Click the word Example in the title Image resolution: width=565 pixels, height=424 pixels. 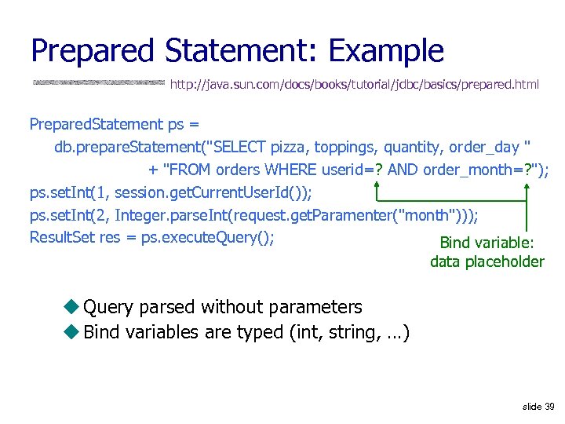pyautogui.click(x=386, y=50)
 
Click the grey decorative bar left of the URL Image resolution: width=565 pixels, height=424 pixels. pyautogui.click(x=99, y=82)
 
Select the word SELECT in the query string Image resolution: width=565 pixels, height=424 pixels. pyautogui.click(x=240, y=147)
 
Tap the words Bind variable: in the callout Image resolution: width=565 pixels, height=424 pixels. pyautogui.click(x=487, y=243)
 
